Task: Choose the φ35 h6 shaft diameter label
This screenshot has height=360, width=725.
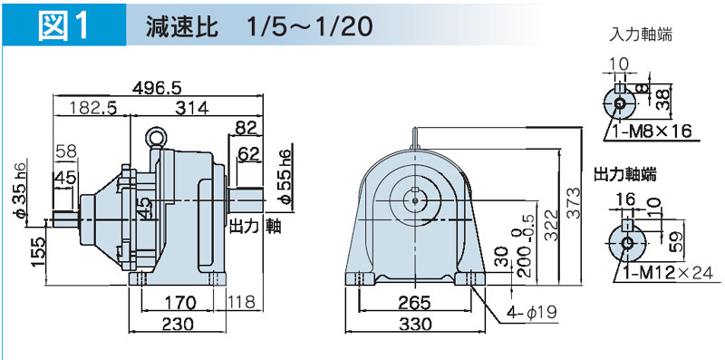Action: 20,189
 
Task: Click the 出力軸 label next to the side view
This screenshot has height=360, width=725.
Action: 256,227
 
